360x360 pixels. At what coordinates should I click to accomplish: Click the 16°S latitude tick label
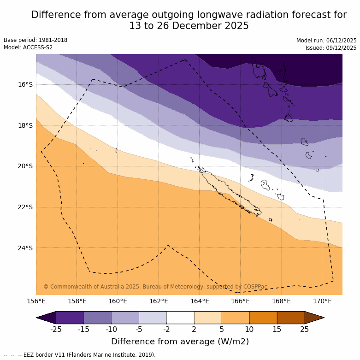pos(25,84)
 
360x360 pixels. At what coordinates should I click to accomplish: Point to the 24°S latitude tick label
pos(25,248)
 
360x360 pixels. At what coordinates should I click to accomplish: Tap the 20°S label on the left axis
pos(25,166)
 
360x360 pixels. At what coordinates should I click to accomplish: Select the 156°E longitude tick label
pos(36,301)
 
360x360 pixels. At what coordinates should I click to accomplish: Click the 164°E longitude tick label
pos(200,301)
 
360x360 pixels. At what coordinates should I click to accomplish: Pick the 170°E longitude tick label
pos(322,301)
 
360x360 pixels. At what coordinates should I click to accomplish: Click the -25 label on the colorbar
pos(56,329)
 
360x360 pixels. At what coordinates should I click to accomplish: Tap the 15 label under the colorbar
pos(277,329)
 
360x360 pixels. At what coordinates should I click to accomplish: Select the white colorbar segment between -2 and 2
pos(180,318)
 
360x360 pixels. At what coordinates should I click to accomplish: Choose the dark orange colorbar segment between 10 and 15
pos(263,318)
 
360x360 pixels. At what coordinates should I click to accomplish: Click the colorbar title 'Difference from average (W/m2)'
pos(180,342)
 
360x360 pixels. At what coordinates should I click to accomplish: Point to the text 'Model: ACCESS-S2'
pos(28,47)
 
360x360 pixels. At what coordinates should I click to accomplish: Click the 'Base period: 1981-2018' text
pos(35,40)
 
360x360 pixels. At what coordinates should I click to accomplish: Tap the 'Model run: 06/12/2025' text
pos(326,40)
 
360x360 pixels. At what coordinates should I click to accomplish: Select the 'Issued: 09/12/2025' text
pos(331,47)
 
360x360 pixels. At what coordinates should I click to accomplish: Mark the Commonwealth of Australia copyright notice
pos(155,287)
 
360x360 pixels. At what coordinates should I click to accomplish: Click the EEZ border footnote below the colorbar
pos(80,355)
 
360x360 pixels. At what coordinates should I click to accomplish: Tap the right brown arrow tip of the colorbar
pos(317,318)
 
